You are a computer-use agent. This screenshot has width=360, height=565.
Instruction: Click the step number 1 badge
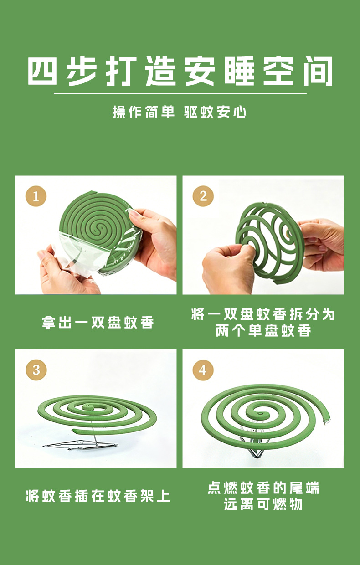click(36, 196)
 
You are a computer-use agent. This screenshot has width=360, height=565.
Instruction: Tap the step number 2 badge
click(203, 196)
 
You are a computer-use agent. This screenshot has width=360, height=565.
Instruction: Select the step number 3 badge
click(36, 370)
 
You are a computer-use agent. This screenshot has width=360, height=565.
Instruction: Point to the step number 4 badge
click(203, 370)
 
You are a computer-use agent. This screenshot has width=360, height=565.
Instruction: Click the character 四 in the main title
click(42, 71)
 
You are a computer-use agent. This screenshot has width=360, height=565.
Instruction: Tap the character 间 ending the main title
click(318, 71)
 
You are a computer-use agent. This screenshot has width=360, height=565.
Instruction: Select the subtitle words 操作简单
click(143, 112)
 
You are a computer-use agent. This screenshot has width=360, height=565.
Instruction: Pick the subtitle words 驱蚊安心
click(215, 112)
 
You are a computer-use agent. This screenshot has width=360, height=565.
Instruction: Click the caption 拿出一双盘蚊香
click(98, 323)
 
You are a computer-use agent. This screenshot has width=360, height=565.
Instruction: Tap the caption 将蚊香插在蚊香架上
click(98, 496)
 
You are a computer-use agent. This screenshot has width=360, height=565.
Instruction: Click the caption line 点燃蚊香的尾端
click(263, 488)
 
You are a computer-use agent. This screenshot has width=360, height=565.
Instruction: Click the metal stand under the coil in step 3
click(81, 446)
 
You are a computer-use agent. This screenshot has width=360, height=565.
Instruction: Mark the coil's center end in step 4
click(260, 414)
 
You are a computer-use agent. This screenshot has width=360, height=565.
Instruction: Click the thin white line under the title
click(180, 93)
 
